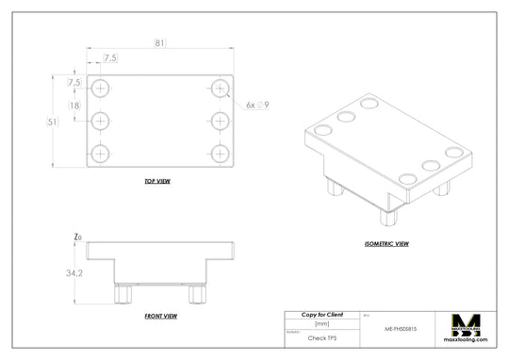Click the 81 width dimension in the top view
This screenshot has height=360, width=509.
(159, 42)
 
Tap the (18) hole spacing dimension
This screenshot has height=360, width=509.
(74, 106)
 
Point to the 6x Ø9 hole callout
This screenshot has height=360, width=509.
(257, 106)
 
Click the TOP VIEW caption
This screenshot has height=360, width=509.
(156, 181)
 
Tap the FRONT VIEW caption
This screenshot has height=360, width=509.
(162, 317)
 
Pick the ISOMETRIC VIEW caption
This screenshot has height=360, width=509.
(386, 243)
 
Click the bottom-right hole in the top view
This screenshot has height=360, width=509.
(220, 153)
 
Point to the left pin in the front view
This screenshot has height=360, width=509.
(121, 294)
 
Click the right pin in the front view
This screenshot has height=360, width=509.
(196, 294)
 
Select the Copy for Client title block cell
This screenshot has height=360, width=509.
(321, 315)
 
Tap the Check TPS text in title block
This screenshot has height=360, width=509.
(321, 337)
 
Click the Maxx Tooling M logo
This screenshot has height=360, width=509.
(468, 326)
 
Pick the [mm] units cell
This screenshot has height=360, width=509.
(321, 324)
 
